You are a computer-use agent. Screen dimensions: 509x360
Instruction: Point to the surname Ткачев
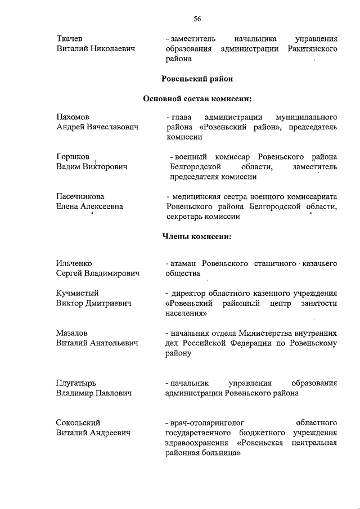pos(70,39)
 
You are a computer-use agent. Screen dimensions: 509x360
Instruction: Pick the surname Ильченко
pos(74,263)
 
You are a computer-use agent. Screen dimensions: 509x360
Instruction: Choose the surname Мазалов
pos(72,333)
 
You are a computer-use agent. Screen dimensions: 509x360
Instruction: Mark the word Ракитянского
pos(311,49)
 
